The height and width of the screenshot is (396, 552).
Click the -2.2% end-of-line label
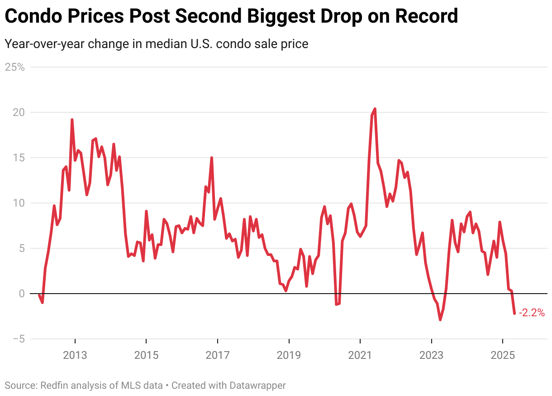click(x=532, y=313)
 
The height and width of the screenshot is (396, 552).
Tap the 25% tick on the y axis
click(x=14, y=67)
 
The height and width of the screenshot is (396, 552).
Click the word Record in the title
click(x=427, y=17)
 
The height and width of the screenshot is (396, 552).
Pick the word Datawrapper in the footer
click(x=257, y=386)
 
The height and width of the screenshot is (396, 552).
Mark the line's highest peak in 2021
click(x=375, y=109)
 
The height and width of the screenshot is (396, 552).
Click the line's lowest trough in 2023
click(x=440, y=320)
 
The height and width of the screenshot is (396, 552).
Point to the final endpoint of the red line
click(x=514, y=313)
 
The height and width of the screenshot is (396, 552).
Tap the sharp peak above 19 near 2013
click(x=72, y=120)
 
